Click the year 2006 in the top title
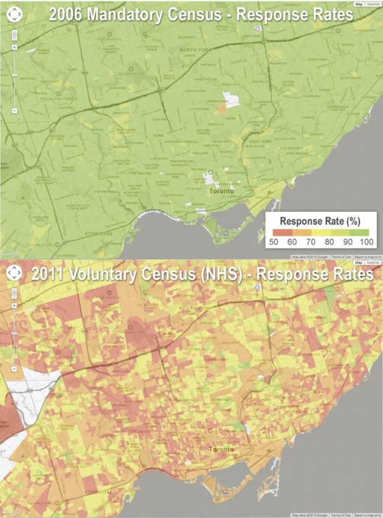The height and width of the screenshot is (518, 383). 66,15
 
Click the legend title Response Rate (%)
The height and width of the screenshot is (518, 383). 322,222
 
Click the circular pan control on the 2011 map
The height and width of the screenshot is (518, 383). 13,274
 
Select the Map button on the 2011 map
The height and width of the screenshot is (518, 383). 359,263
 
